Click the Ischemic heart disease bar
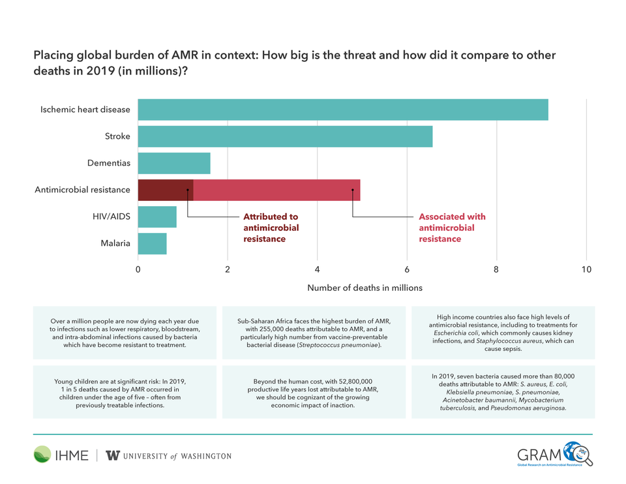click(343, 110)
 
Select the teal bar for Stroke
click(285, 136)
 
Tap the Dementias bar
click(174, 163)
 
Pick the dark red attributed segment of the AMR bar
click(166, 190)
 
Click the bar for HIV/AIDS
click(157, 217)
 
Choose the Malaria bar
click(153, 244)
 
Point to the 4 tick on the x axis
click(318, 269)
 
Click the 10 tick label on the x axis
click(586, 269)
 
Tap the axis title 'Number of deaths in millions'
click(365, 288)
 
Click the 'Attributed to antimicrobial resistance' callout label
click(271, 228)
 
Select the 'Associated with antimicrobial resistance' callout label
click(452, 228)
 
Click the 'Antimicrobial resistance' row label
click(82, 190)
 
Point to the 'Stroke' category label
click(117, 136)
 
